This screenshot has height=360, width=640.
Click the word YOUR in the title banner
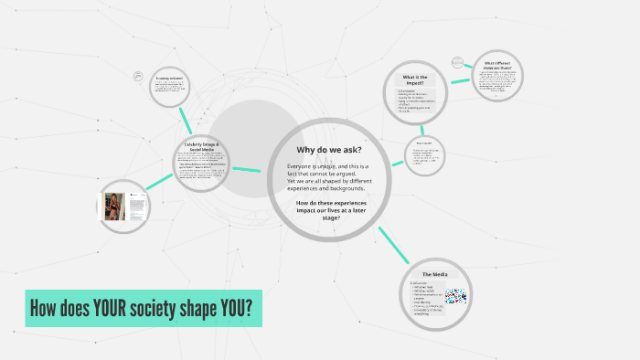click(x=114, y=309)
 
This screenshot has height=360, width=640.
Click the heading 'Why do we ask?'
click(x=328, y=150)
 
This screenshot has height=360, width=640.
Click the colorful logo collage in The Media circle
click(x=454, y=296)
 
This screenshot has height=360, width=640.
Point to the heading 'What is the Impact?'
click(x=414, y=79)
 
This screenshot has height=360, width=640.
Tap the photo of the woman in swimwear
click(x=114, y=206)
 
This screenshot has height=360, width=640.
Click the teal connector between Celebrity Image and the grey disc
click(x=247, y=168)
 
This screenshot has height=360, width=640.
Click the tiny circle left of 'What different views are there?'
click(x=457, y=62)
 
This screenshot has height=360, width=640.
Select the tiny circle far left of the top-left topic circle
click(x=138, y=75)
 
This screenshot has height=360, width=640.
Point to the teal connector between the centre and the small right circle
click(x=398, y=163)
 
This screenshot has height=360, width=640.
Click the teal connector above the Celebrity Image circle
click(x=187, y=120)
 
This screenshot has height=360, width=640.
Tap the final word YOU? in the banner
click(x=233, y=309)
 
